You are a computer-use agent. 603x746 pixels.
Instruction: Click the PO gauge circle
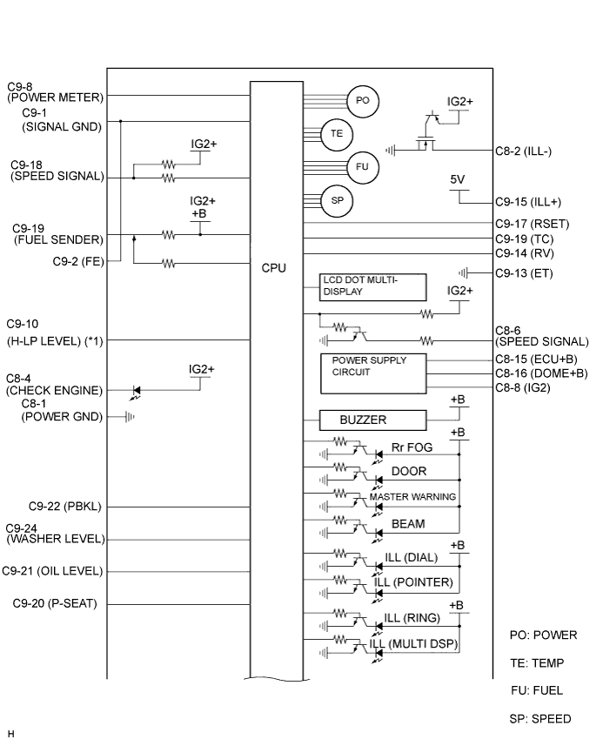[x=363, y=100]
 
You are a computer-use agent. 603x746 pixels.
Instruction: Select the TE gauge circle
[x=337, y=134]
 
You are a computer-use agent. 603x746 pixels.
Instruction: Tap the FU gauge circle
[x=363, y=167]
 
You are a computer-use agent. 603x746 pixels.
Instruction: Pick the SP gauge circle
[x=337, y=200]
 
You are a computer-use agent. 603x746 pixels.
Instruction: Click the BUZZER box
[x=372, y=420]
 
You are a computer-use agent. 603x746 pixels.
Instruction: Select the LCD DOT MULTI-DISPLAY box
[x=372, y=287]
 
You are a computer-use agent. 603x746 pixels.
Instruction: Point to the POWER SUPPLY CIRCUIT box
[x=373, y=373]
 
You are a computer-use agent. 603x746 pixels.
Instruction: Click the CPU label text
[x=274, y=268]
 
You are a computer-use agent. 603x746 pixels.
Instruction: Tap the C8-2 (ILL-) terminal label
[x=523, y=151]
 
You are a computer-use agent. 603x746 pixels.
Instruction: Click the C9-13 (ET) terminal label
[x=524, y=273]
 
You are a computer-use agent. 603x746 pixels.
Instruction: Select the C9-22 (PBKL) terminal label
[x=65, y=507]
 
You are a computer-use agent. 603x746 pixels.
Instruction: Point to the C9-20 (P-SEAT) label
[x=55, y=603]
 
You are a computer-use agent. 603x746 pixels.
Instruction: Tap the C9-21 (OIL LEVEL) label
[x=52, y=571]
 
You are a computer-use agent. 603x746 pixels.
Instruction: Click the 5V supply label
[x=458, y=179]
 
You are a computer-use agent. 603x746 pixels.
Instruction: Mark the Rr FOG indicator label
[x=412, y=447]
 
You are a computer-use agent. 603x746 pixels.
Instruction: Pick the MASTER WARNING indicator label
[x=412, y=497]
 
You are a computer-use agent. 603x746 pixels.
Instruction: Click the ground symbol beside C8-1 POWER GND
[x=130, y=417]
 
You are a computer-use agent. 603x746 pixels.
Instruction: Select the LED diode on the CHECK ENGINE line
[x=137, y=391]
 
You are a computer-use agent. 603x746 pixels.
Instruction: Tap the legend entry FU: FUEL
[x=537, y=690]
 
